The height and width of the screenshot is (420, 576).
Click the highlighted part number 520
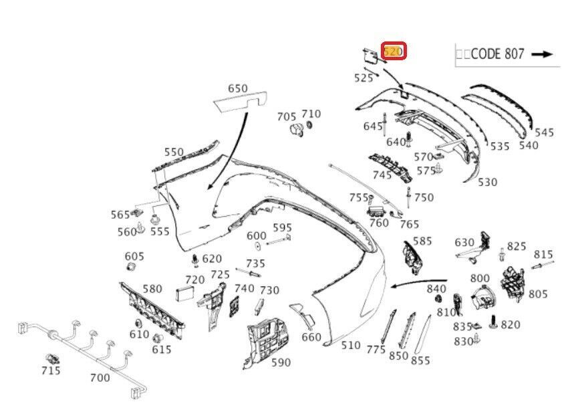click(393, 51)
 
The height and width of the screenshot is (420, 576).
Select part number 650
click(237, 88)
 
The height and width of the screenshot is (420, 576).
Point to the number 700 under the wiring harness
click(100, 378)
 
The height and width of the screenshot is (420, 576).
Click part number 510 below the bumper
click(351, 346)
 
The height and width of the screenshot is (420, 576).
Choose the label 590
click(281, 362)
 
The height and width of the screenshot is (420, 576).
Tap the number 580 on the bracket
click(152, 289)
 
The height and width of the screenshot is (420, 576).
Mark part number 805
click(537, 294)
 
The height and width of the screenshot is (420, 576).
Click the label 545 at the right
click(544, 132)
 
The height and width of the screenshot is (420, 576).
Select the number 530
click(487, 182)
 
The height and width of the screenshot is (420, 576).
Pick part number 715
click(50, 371)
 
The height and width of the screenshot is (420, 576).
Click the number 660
click(311, 337)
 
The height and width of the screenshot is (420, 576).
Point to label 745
click(382, 175)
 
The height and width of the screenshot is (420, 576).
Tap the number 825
click(516, 246)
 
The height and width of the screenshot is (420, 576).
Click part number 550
click(174, 152)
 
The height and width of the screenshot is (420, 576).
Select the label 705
click(287, 117)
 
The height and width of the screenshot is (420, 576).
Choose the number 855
click(420, 360)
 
